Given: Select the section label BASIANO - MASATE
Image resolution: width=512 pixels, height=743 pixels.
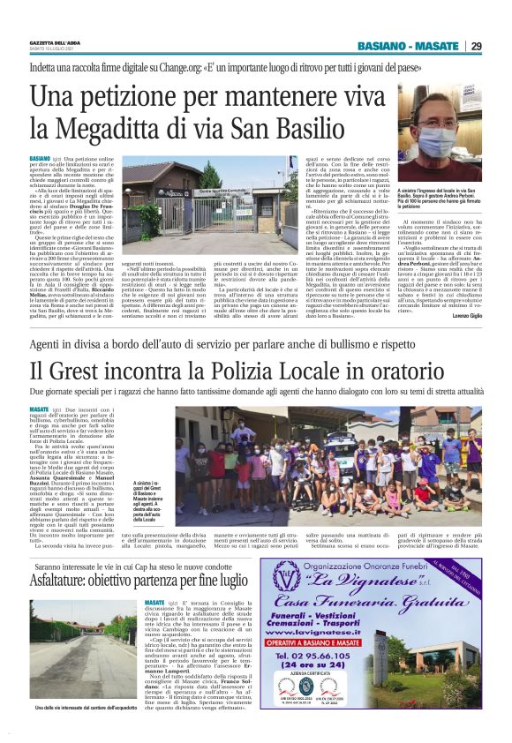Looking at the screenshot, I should click(x=408, y=46).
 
